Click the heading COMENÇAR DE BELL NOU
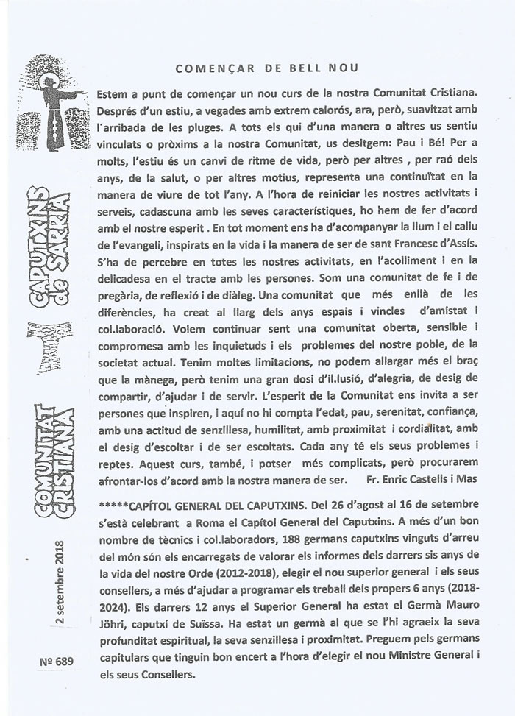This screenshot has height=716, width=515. [x=267, y=68]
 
